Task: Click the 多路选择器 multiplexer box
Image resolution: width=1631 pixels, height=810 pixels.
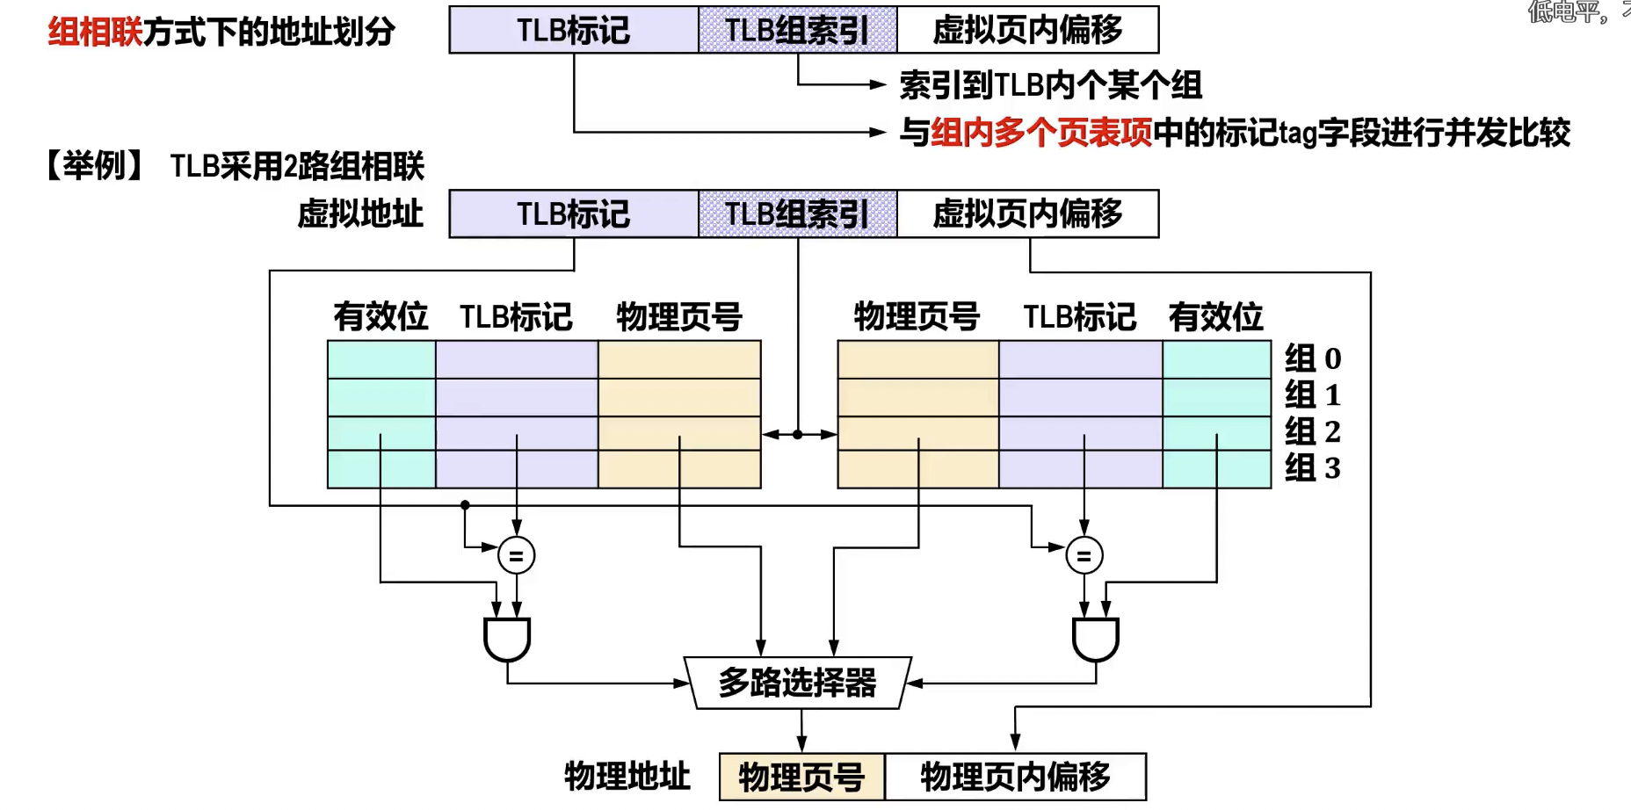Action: tap(798, 683)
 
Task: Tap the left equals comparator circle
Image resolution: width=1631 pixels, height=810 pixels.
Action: tap(516, 555)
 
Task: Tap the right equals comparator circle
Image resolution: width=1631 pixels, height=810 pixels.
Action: tap(1084, 555)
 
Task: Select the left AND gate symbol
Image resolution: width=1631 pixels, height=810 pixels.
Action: tap(507, 640)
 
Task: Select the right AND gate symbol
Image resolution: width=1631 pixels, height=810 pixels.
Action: tap(1095, 640)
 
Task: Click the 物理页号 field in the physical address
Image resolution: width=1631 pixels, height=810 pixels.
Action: tap(801, 777)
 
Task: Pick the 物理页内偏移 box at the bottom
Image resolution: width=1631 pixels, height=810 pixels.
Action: tap(1015, 777)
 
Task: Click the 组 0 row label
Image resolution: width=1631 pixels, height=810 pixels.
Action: tap(1312, 358)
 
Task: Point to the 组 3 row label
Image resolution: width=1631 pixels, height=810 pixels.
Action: tap(1312, 467)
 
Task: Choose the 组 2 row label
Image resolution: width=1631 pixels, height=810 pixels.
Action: tap(1312, 431)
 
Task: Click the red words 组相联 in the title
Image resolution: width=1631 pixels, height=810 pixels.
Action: tap(95, 33)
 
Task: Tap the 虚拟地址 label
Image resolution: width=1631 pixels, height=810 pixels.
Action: tap(360, 213)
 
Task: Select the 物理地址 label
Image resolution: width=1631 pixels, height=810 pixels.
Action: tap(627, 777)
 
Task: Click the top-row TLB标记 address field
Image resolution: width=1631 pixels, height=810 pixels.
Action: tap(573, 31)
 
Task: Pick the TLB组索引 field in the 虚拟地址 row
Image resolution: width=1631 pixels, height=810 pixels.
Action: tap(797, 213)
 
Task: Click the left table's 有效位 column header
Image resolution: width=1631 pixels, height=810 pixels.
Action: tap(381, 316)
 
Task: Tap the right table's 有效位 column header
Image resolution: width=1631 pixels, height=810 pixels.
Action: tap(1215, 316)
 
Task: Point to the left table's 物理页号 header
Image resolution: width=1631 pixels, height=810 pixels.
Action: tap(678, 316)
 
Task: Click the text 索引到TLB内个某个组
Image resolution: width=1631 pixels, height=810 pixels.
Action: tap(1050, 85)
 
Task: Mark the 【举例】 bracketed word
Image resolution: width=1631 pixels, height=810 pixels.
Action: tap(95, 165)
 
